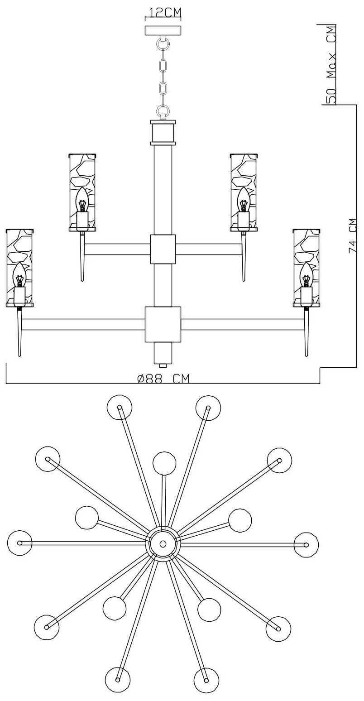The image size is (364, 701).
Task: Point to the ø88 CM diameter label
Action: point(163,379)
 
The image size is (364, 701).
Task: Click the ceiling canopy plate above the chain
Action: point(163,31)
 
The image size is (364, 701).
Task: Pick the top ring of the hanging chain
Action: point(163,44)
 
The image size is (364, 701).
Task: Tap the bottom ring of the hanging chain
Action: point(163,110)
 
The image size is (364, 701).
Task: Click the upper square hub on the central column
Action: point(163,249)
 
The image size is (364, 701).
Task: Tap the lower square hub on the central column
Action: point(163,324)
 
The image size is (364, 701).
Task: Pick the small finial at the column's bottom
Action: point(163,363)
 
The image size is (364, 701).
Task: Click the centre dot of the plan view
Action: point(163,543)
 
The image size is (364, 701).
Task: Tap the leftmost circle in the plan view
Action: point(20,543)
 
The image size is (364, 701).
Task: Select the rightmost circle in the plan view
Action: point(306,544)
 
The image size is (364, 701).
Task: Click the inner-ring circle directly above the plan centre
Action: point(164,463)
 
